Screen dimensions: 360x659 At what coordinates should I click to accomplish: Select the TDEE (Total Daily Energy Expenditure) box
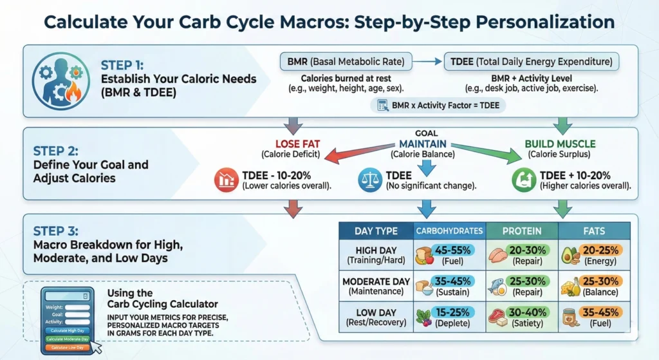tap(532, 62)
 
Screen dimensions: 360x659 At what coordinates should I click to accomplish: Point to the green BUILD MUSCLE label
tap(560, 144)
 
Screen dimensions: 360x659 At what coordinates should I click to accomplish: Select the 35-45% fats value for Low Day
tap(600, 312)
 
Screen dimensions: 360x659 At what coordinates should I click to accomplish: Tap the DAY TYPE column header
tap(376, 231)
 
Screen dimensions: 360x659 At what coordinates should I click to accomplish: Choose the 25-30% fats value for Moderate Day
tap(600, 281)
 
